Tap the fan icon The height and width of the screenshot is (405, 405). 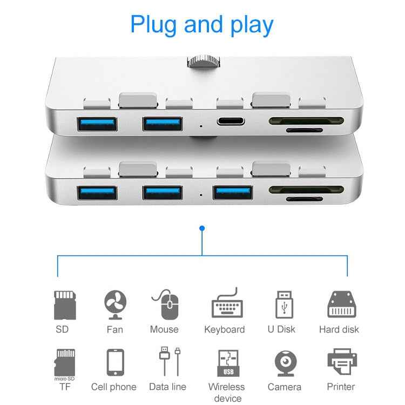point(115,305)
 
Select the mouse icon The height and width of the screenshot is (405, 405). point(167,305)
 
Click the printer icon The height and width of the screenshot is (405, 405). point(341,363)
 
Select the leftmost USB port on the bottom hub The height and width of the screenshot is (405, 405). point(97,192)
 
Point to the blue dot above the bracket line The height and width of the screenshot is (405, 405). point(202,228)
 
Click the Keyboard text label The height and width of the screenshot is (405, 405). point(224,329)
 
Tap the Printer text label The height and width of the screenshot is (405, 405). point(341,387)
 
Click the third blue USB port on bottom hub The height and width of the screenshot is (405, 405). point(233,193)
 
